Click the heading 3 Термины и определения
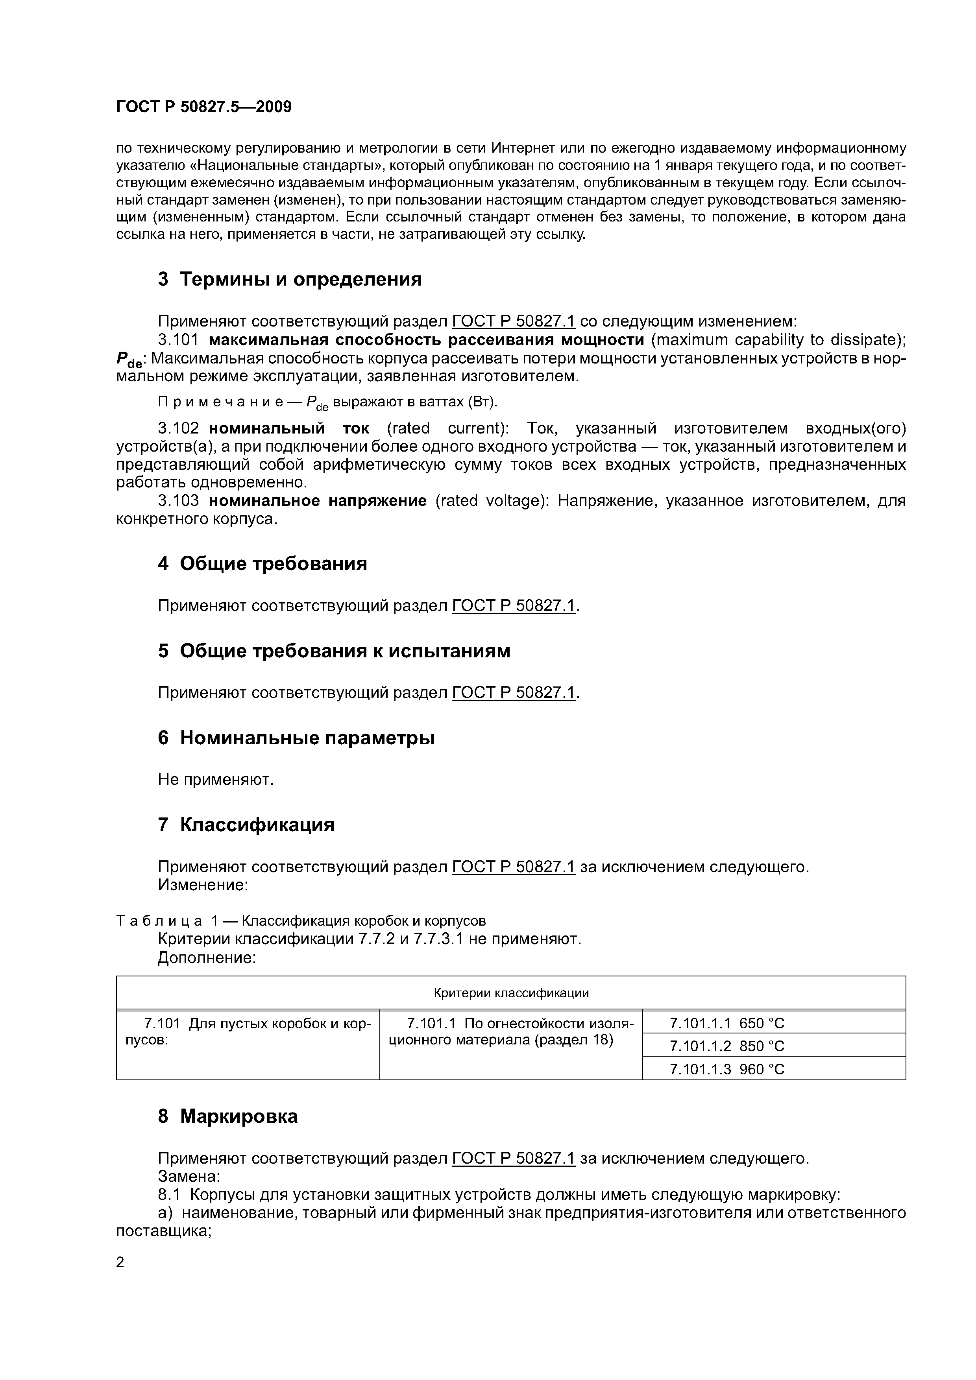tap(289, 279)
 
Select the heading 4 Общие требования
tap(262, 564)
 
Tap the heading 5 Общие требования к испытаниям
tap(334, 651)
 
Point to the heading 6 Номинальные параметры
tap(296, 738)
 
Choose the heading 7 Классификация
tap(246, 825)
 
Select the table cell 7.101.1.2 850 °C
tap(726, 1046)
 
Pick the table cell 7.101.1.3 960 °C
tap(726, 1069)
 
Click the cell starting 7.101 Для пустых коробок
tap(248, 1032)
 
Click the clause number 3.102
tap(178, 428)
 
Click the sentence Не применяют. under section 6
tap(215, 780)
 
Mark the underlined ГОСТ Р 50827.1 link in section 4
tap(514, 606)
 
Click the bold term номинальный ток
tap(289, 428)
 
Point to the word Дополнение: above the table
tap(207, 958)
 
